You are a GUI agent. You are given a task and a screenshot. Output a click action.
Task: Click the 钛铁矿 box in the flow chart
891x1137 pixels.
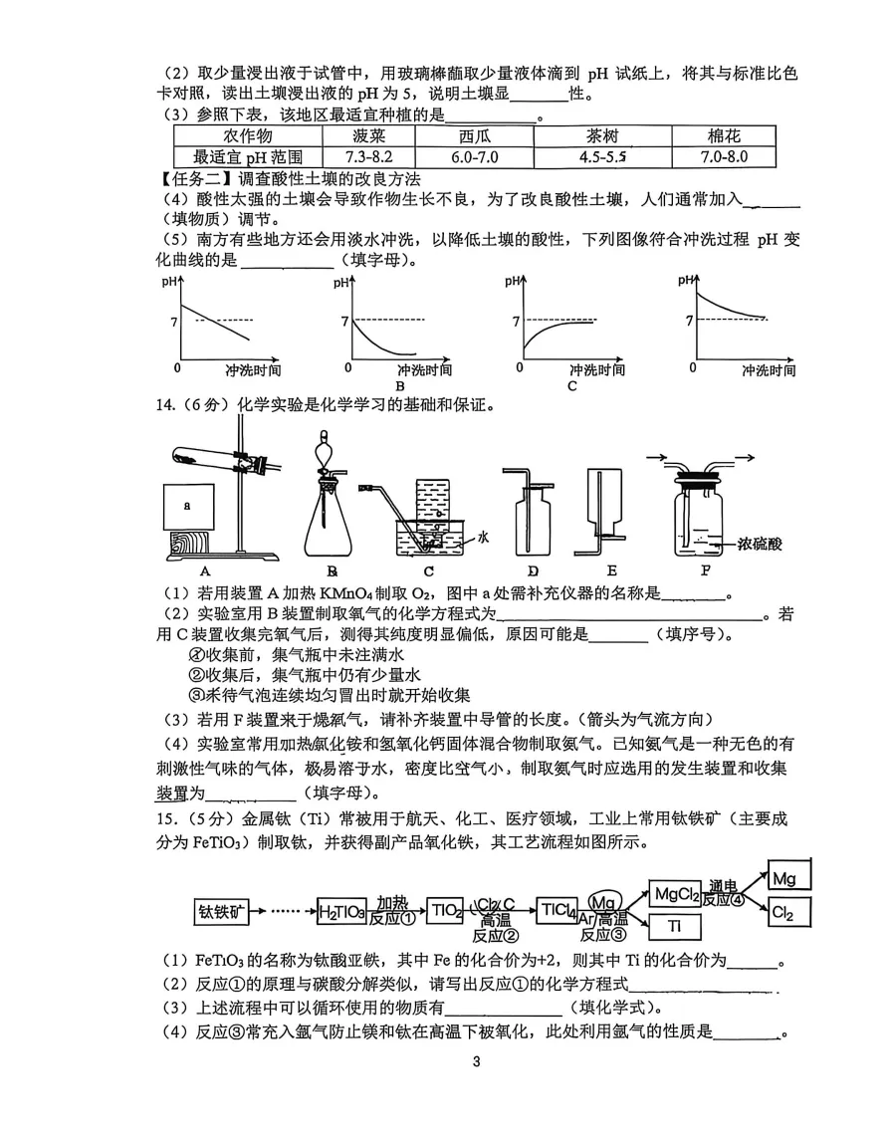click(221, 910)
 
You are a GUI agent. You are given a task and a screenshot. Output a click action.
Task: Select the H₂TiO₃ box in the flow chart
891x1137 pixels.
click(340, 910)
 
